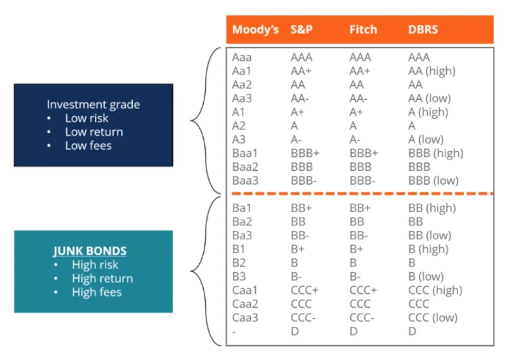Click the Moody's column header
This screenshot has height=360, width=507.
click(x=255, y=30)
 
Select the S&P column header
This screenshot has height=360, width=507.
click(x=301, y=30)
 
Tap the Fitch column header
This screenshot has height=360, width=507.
click(x=363, y=30)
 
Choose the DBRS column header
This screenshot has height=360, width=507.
click(x=424, y=30)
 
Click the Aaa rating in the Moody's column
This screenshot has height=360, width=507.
click(x=242, y=57)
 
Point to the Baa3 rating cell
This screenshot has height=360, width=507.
click(x=245, y=181)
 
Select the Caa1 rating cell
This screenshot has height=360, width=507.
click(x=245, y=290)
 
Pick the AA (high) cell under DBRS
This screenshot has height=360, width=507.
click(x=432, y=71)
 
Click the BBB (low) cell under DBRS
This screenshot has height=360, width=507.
click(x=433, y=181)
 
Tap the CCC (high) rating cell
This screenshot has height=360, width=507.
click(x=435, y=290)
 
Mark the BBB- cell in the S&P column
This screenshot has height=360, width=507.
click(x=303, y=181)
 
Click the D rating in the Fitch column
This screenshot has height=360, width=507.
click(x=353, y=331)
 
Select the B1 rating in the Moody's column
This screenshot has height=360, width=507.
click(x=239, y=249)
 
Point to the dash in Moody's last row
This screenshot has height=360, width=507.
click(x=234, y=331)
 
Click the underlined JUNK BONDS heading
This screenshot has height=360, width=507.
click(x=90, y=251)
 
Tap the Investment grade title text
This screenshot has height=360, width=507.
click(x=93, y=105)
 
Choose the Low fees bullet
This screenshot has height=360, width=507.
click(x=88, y=145)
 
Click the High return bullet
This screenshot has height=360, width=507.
click(x=102, y=279)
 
